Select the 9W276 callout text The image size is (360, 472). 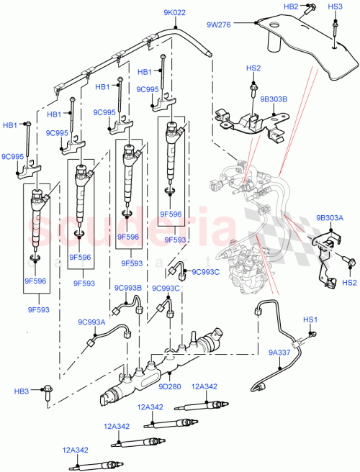tap(219, 25)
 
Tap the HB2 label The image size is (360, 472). tap(291, 6)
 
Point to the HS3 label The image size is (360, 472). tap(335, 6)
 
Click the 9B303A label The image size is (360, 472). tap(330, 216)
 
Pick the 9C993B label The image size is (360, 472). tap(127, 288)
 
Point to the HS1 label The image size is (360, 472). tap(310, 319)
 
